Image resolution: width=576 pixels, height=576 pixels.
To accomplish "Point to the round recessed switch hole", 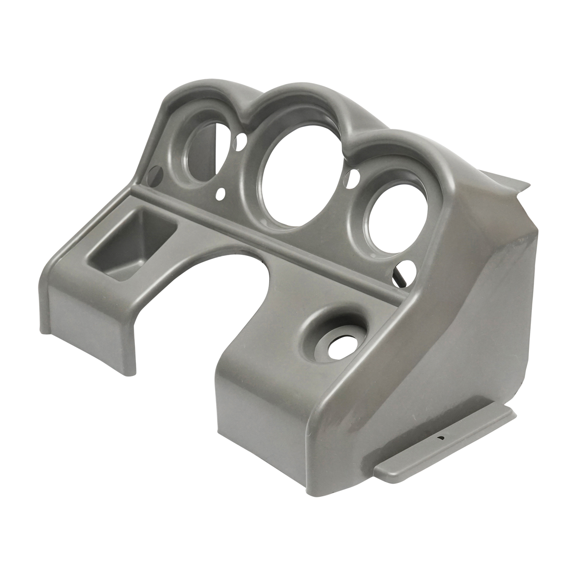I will (336, 336).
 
